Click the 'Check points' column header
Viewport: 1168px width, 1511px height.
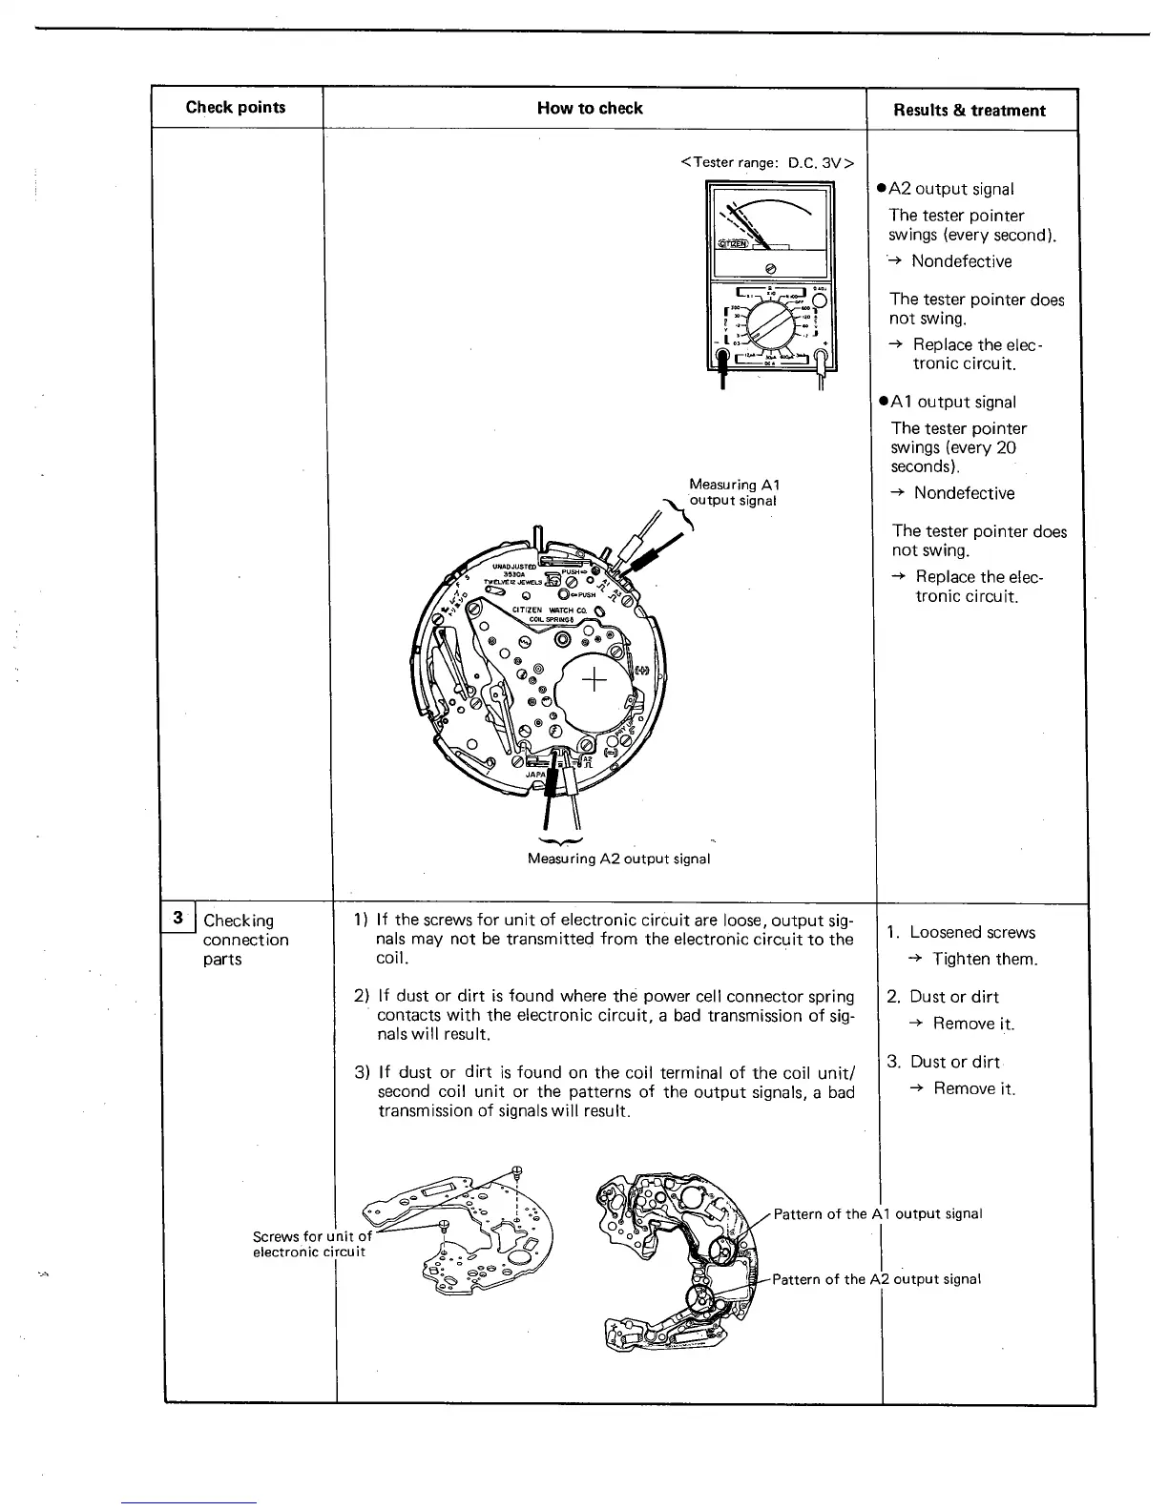(236, 108)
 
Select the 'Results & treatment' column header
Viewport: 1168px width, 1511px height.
(969, 111)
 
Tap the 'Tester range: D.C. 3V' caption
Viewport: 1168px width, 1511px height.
(767, 162)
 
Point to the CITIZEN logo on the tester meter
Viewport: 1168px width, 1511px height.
(733, 244)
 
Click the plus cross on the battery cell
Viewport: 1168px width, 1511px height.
(594, 681)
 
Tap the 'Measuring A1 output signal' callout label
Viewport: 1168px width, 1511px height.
(734, 492)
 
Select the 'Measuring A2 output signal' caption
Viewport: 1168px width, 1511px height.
(618, 859)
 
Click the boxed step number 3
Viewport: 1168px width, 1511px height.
(177, 919)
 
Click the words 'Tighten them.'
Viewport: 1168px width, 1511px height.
(985, 959)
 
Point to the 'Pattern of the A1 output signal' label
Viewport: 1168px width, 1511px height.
(877, 1214)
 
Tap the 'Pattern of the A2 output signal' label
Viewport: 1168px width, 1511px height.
(876, 1279)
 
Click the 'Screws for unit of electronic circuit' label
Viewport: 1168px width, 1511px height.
(310, 1244)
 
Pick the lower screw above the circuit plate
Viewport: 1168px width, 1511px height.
(445, 1227)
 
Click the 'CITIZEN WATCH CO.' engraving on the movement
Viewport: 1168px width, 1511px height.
(549, 611)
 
